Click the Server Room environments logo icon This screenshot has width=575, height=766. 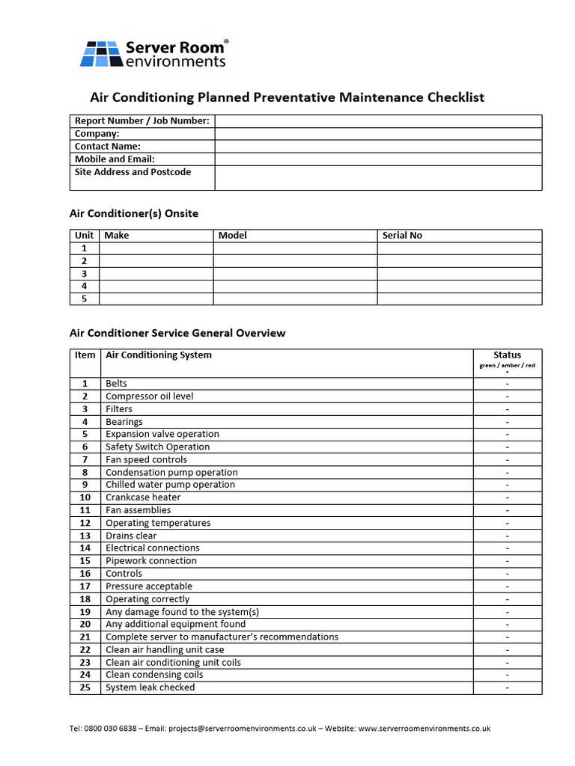pos(100,54)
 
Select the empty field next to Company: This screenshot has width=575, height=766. pos(378,134)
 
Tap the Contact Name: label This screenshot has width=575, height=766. pos(108,147)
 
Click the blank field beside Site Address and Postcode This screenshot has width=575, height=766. pos(378,177)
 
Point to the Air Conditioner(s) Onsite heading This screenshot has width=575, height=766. pos(134,214)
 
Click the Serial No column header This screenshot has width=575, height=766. pos(402,236)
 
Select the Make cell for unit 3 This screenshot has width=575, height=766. pos(156,274)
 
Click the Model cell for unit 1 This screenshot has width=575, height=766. pos(295,248)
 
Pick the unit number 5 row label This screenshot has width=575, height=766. pos(85,299)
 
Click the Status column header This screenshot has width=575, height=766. pos(507,355)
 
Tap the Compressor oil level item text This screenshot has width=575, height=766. pos(149,396)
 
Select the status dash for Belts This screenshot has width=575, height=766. pos(507,384)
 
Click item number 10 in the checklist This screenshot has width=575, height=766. pos(85,497)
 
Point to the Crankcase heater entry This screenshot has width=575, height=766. pos(143,497)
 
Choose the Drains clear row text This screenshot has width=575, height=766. pos(131,536)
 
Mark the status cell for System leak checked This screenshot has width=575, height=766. pos(507,687)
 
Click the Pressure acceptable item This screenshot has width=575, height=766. pos(148,586)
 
